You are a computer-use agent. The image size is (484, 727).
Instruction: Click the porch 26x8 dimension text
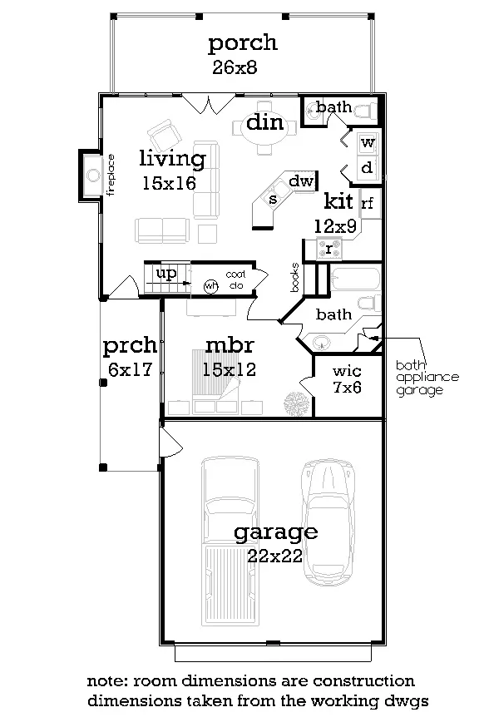235,67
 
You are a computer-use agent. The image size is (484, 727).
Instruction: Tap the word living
172,159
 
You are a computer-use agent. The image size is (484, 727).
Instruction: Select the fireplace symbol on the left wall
93,176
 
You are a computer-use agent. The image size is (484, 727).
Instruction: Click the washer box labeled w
368,143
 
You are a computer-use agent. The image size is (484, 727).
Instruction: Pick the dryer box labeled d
368,167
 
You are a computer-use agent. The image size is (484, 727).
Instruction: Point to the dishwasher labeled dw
301,181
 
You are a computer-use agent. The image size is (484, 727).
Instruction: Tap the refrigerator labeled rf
369,203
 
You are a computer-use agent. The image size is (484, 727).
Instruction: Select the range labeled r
329,249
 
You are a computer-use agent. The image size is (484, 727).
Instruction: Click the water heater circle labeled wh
210,286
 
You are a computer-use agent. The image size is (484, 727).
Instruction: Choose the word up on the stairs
166,274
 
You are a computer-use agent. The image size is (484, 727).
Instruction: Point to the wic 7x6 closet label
347,379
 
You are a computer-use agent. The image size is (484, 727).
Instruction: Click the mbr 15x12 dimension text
230,369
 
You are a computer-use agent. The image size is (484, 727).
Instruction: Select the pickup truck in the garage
230,541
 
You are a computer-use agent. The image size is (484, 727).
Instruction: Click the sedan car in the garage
328,522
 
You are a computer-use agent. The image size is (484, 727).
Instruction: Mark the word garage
276,532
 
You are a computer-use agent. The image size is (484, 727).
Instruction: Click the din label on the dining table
264,122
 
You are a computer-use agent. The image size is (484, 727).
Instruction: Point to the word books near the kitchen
295,277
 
